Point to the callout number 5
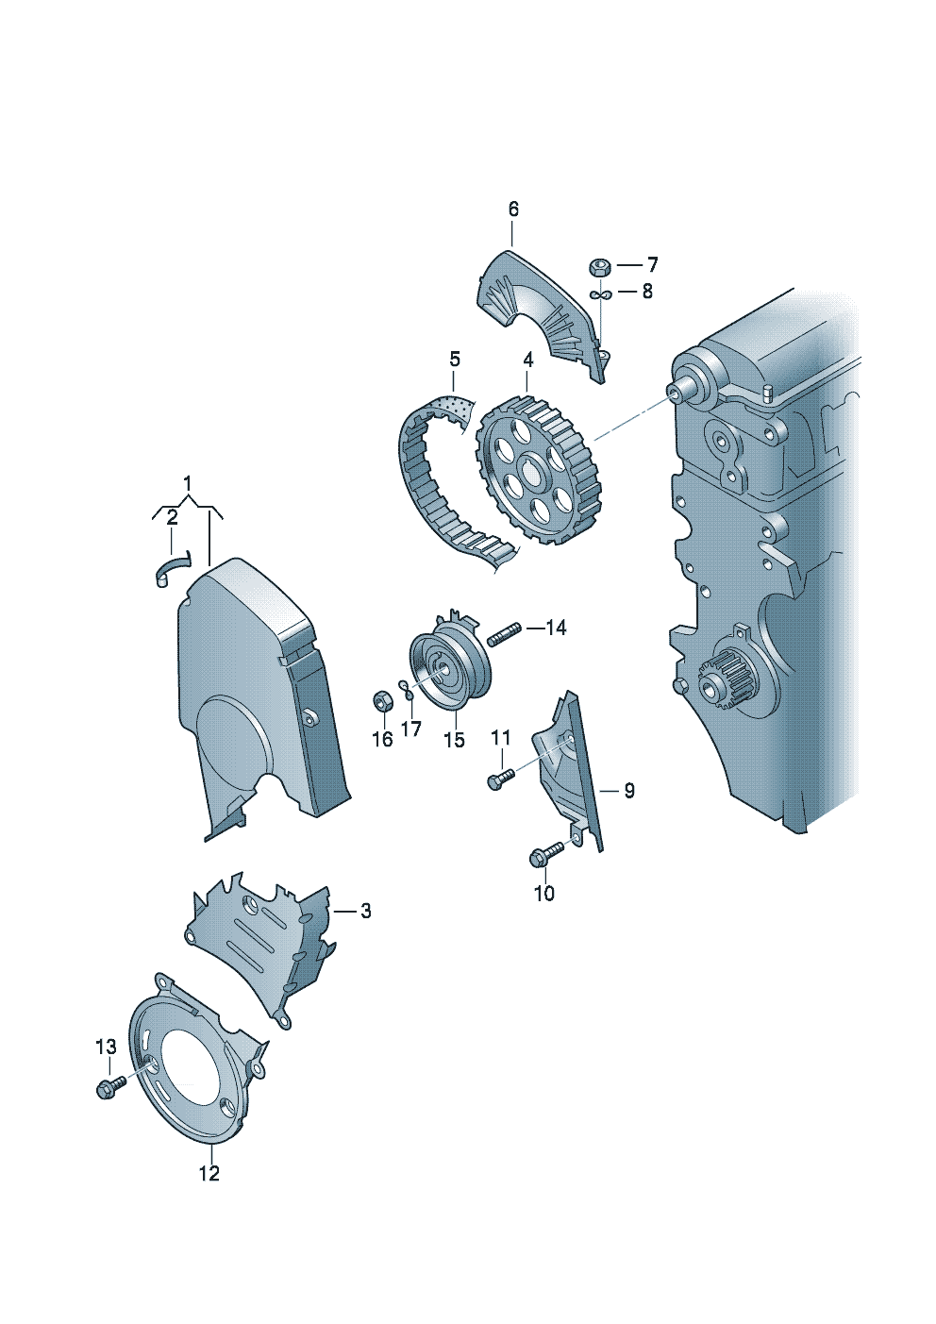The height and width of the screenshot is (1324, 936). click(454, 359)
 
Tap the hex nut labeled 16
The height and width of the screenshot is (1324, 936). click(382, 700)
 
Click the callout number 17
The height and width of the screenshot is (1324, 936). click(410, 729)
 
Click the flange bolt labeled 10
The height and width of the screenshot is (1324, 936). click(546, 854)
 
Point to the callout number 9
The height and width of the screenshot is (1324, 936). click(628, 790)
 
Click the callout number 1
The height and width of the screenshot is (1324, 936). click(188, 484)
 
